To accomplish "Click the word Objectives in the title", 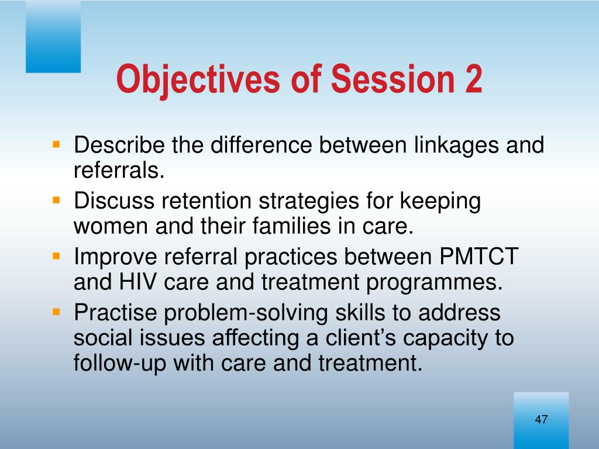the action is click(x=198, y=79).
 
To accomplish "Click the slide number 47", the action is click(x=541, y=419).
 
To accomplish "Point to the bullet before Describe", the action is click(x=57, y=144).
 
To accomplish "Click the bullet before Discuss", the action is click(x=57, y=200).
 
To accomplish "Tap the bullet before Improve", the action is click(x=57, y=256).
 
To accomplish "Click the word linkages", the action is click(x=456, y=146).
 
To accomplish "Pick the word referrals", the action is click(x=119, y=170).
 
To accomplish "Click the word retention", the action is click(x=206, y=201).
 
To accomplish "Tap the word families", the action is click(x=291, y=226).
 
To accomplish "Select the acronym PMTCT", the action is click(x=479, y=256).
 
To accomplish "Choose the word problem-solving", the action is click(x=246, y=314).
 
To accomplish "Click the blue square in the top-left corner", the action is click(x=53, y=36).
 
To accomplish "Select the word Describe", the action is click(x=119, y=145).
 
